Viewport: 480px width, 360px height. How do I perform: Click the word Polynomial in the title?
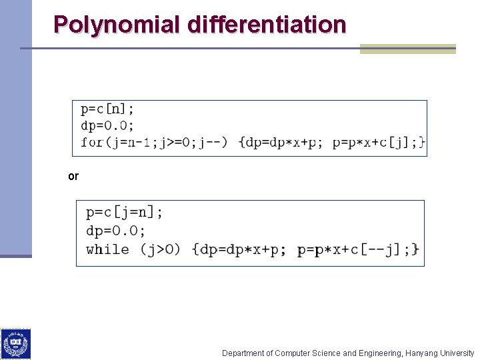point(117,25)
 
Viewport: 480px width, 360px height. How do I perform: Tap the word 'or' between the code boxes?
point(73,177)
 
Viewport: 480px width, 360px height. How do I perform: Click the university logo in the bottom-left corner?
point(15,344)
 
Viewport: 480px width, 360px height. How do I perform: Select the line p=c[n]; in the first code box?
point(107,109)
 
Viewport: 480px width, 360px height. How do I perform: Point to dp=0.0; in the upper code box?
point(107,125)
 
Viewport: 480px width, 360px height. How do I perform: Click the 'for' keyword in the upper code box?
point(91,142)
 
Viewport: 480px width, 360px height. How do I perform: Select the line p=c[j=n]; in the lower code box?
point(124,213)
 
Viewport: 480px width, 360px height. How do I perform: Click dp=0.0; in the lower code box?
point(115,231)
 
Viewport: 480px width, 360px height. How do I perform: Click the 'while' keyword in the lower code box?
point(107,249)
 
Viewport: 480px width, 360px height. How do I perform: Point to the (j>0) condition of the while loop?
point(160,249)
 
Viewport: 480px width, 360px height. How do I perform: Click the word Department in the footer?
point(243,353)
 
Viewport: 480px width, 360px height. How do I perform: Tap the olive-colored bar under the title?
point(407,49)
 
